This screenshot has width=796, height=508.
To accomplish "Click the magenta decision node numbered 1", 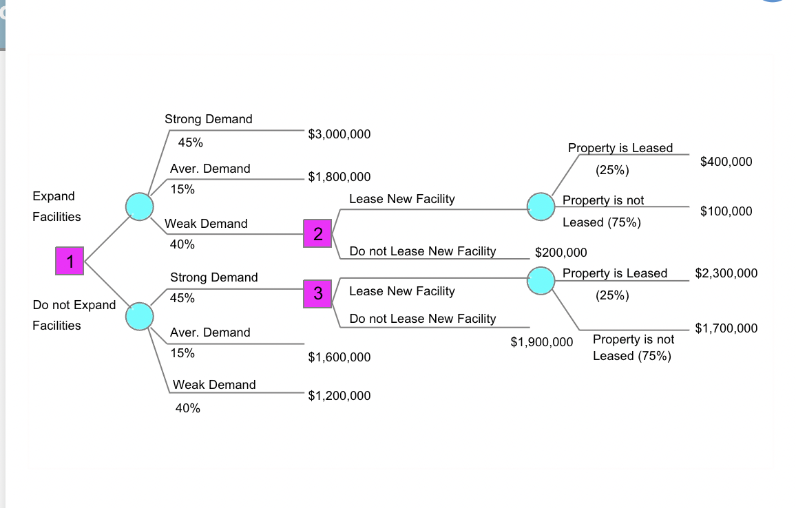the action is [x=70, y=262].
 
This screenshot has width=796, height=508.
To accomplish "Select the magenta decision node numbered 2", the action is [x=317, y=234].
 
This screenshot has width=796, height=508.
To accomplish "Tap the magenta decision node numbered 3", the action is [x=317, y=293].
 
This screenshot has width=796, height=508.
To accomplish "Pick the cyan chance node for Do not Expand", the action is [x=139, y=315].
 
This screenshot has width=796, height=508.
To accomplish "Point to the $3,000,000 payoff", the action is [x=339, y=134].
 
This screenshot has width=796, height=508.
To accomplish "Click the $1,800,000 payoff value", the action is [x=339, y=177].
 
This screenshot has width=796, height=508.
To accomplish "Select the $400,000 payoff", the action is [x=726, y=162].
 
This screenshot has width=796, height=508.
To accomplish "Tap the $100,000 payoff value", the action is [x=726, y=211].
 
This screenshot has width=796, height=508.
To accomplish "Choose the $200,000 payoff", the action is [x=561, y=253].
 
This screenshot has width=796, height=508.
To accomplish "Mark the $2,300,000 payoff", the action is [x=726, y=273].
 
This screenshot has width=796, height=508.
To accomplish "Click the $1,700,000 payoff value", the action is [x=726, y=328].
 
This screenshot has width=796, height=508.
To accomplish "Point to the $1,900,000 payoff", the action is [x=541, y=342].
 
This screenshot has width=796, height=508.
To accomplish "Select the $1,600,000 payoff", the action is [x=339, y=357].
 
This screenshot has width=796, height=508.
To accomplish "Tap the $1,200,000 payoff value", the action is [x=339, y=396].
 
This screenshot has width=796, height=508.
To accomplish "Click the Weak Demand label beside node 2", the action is [x=206, y=224].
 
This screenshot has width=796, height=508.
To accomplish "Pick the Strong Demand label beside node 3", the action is [x=213, y=277].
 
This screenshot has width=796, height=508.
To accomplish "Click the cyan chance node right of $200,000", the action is [x=541, y=280].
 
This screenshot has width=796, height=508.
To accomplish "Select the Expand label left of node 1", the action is [x=54, y=196].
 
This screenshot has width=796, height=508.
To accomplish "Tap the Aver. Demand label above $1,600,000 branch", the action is [x=210, y=332].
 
